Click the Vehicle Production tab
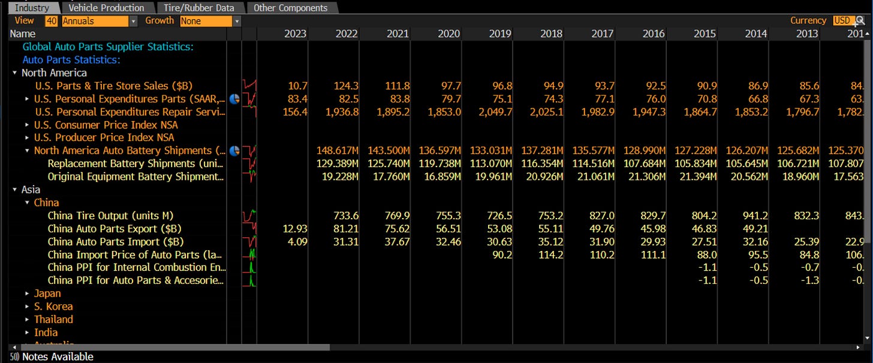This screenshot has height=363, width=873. point(106,8)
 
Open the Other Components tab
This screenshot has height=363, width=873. point(290,8)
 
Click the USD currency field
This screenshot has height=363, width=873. point(842,21)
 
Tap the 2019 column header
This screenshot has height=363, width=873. point(500,34)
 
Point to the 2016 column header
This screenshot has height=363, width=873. point(654,34)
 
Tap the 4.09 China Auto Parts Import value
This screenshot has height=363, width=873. point(297,242)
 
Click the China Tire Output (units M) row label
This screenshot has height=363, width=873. point(105,216)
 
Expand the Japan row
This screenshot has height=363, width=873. point(28,294)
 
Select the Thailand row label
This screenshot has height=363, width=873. point(53,320)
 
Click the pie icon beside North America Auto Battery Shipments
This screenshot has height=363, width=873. point(234,151)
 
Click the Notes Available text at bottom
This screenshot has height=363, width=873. point(58,357)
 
